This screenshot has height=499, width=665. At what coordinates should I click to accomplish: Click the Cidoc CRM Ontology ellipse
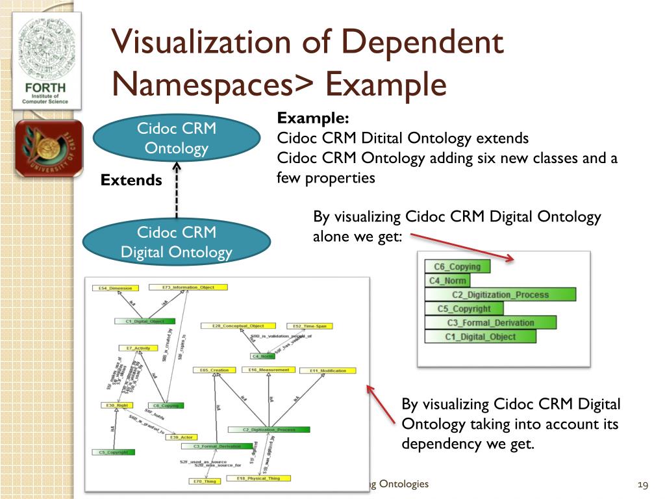176,138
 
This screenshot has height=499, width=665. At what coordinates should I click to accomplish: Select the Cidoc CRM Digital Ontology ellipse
176,242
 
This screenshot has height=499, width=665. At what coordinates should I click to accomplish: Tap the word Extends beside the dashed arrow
131,181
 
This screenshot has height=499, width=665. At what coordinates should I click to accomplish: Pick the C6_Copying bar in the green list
457,266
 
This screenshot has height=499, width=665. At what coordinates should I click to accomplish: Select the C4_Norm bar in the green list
447,281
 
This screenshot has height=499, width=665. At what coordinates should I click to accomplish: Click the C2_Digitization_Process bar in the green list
500,295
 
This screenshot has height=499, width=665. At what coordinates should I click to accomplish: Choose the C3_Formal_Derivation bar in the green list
490,323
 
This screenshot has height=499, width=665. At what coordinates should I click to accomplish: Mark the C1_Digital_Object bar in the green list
480,337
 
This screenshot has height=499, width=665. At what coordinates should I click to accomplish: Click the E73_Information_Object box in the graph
188,287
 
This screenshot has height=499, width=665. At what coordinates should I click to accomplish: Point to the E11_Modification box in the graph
327,370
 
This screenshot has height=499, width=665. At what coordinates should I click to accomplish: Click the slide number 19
644,485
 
